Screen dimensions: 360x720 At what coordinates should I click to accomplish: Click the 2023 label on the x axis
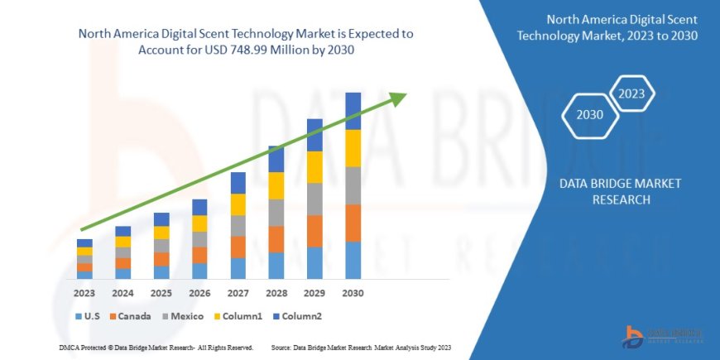[x=84, y=293]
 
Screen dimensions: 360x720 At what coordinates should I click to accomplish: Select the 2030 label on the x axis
[x=353, y=293]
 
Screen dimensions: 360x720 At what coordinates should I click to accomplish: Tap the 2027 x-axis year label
[x=238, y=293]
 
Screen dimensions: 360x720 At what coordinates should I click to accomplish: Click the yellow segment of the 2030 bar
[x=353, y=148]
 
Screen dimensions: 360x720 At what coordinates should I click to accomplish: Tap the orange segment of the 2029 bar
[x=314, y=231]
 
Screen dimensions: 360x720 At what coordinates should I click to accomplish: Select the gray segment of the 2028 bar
[x=276, y=213]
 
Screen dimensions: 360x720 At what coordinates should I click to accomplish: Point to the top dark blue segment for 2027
[x=238, y=183]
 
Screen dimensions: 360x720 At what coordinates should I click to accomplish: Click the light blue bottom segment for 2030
[x=353, y=260]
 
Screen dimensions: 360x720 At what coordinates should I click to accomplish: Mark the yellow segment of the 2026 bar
[x=199, y=223]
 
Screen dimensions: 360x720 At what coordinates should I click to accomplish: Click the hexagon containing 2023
[x=632, y=93]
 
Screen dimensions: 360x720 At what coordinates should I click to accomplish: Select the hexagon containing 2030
[x=590, y=115]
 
